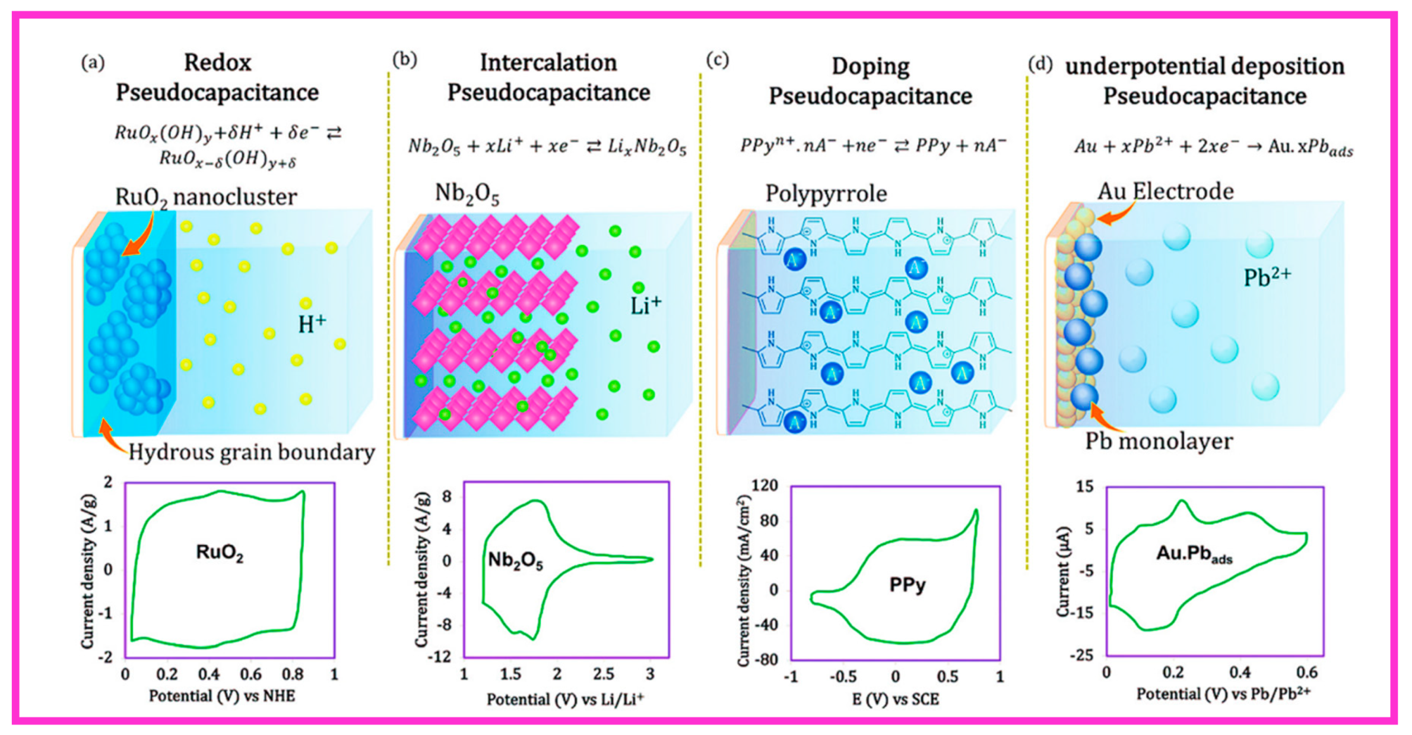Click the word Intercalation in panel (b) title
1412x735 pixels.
coord(548,63)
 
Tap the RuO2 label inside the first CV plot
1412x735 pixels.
coord(219,553)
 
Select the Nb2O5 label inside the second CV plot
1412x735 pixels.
coord(515,561)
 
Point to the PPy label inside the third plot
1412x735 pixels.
coord(907,585)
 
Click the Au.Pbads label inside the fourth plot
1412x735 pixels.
coord(1194,555)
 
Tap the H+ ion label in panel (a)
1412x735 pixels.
coord(312,324)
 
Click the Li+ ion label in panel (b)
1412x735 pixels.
coord(645,305)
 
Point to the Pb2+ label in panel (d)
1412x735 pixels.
coord(1267,277)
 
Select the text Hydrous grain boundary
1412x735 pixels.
coord(252,452)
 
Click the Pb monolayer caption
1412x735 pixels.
coord(1159,441)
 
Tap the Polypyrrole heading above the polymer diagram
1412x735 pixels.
coord(826,194)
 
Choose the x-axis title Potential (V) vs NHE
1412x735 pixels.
coord(221,695)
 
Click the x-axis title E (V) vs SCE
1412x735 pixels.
coord(895,699)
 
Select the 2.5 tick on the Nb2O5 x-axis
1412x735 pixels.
coord(603,674)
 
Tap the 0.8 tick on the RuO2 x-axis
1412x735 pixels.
coord(293,674)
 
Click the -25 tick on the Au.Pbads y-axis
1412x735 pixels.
coord(1081,655)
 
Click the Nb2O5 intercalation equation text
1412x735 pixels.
coord(547,147)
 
